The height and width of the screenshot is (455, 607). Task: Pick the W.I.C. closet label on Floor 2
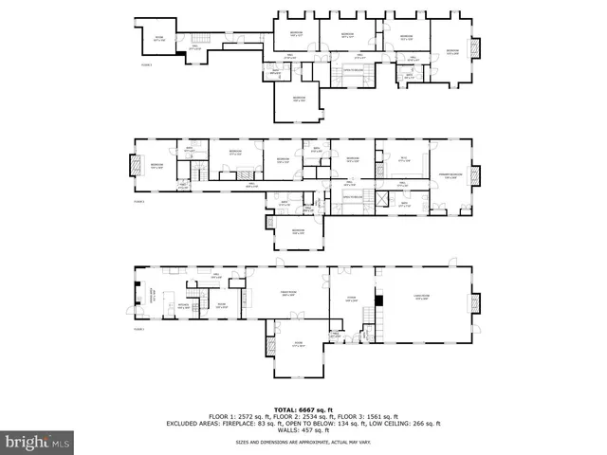(x=403, y=159)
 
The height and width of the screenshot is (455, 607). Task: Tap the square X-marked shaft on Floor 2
(x=382, y=198)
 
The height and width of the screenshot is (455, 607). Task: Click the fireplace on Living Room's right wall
(x=474, y=303)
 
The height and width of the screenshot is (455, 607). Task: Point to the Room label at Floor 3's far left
(x=159, y=39)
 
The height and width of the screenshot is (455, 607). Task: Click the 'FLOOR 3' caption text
(x=146, y=65)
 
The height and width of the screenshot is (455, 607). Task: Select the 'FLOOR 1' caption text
(x=138, y=329)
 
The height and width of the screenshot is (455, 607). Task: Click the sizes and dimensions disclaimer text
(x=303, y=442)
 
